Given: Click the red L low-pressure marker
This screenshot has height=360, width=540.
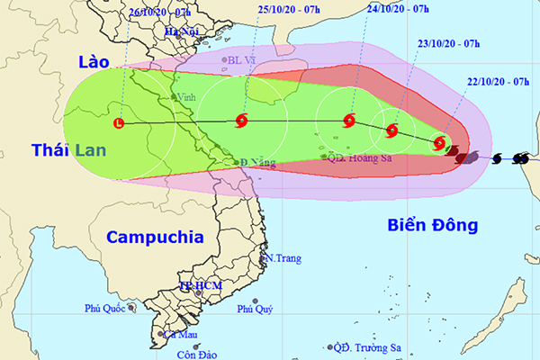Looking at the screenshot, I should point(120,123).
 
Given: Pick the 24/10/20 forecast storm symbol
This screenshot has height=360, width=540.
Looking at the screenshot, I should point(349,121).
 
